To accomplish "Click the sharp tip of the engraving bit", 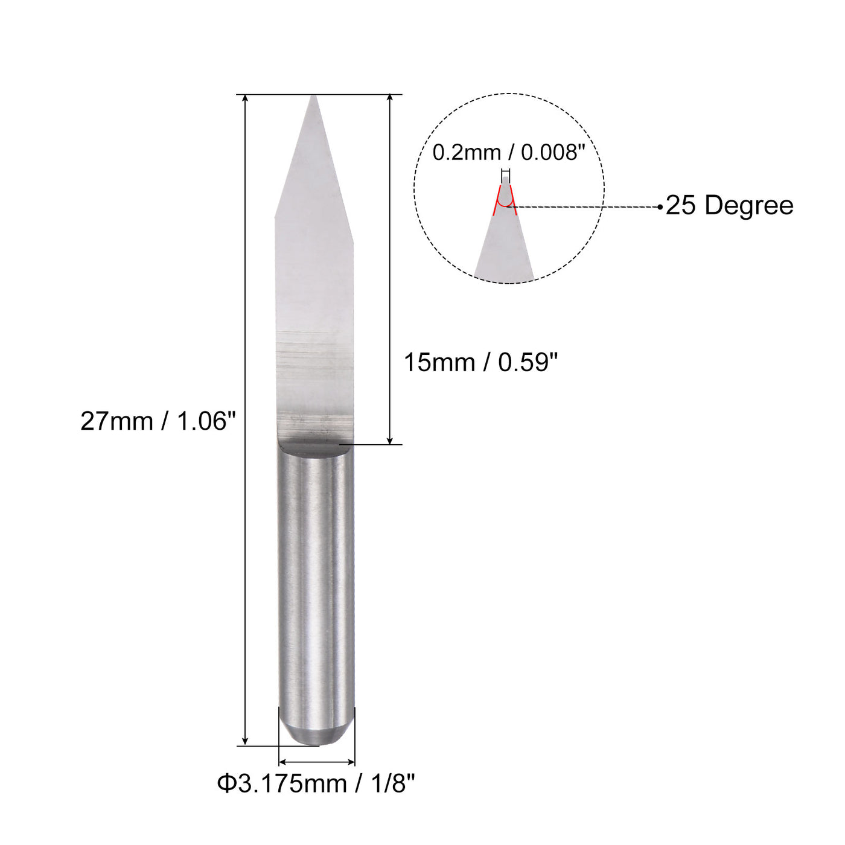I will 313,98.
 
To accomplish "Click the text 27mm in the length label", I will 116,421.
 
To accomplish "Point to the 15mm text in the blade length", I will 439,363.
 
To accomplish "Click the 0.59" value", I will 528,363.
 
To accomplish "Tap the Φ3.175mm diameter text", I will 281,784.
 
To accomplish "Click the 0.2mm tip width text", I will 467,153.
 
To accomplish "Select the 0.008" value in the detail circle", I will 553,153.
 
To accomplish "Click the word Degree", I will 748,206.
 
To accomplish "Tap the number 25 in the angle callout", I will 681,206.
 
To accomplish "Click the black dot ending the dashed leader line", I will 660,207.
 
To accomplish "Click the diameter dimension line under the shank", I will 316,762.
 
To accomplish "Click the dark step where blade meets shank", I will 313,447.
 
